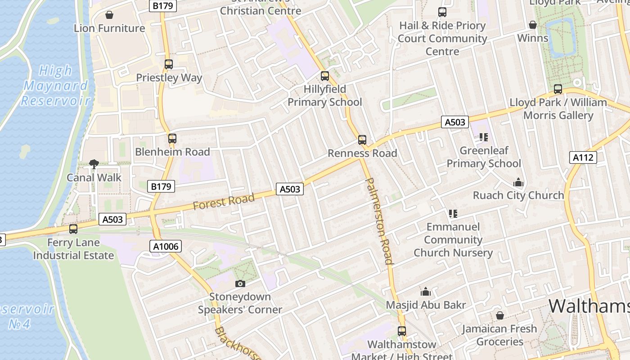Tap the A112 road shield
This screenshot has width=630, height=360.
[583, 157]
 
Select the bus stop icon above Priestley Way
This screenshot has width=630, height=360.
[169, 64]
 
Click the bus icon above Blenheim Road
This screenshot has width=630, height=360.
[172, 139]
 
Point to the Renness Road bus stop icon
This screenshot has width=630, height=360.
[362, 140]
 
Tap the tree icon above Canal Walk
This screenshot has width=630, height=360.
[94, 164]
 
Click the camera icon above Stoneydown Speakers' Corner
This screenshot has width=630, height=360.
[240, 283]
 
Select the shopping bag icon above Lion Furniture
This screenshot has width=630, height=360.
[109, 15]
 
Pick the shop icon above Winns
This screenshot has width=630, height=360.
[533, 25]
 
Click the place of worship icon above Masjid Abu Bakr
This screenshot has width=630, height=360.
[426, 292]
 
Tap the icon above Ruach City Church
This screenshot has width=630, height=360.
[518, 182]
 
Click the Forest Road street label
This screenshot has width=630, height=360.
[224, 201]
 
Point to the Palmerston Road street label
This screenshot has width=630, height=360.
[380, 220]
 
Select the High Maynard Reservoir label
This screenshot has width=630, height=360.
[56, 85]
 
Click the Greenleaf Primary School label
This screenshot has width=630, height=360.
[484, 157]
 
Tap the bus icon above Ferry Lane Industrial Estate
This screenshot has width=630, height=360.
[73, 229]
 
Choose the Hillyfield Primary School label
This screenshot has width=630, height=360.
[324, 96]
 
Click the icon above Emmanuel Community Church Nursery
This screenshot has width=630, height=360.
[453, 214]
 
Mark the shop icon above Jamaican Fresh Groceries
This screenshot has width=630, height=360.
[499, 315]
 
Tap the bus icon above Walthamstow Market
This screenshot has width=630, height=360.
[402, 331]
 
